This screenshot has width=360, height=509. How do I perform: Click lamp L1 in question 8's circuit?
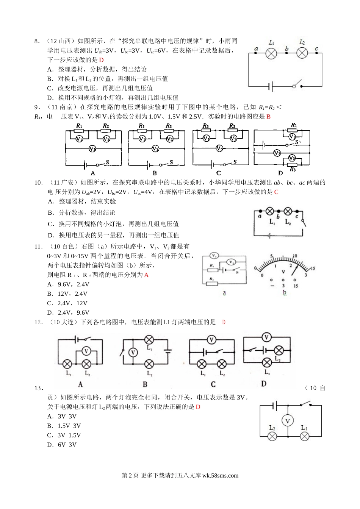[271, 53]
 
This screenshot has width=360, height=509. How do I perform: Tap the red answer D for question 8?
[102, 60]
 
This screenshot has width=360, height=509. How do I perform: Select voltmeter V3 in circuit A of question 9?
[92, 149]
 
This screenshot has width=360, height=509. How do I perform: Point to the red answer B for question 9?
[268, 117]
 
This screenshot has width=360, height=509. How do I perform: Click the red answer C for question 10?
[276, 192]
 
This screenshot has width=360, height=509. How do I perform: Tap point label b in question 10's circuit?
[278, 217]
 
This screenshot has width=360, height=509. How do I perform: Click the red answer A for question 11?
[147, 275]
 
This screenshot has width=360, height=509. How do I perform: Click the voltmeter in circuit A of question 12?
[86, 351]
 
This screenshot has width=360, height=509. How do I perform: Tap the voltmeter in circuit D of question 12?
[266, 337]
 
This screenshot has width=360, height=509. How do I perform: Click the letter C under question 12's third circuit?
[213, 384]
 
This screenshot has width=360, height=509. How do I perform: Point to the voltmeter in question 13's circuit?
[288, 420]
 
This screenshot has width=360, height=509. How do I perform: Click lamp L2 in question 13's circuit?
[272, 436]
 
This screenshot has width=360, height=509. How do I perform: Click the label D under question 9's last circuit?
[280, 173]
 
